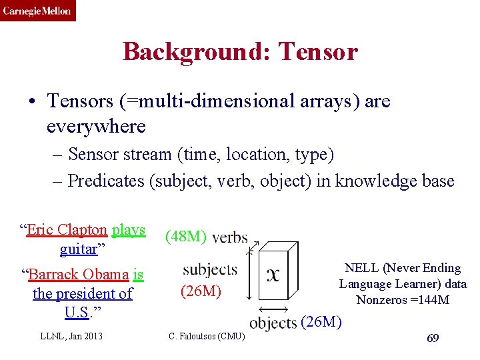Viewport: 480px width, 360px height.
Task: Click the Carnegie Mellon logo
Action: [37, 11]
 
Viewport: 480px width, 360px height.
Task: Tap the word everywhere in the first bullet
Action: [96, 125]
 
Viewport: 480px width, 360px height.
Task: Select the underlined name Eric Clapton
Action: [67, 230]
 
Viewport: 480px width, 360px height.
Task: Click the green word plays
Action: [129, 230]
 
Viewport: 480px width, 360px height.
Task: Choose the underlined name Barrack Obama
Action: [79, 274]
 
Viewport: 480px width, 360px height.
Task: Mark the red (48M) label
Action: [186, 237]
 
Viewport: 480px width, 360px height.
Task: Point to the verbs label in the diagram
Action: [230, 237]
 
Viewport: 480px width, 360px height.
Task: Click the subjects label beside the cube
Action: [209, 269]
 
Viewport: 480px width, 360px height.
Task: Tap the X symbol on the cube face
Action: [273, 275]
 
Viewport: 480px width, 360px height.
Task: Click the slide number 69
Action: [432, 339]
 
